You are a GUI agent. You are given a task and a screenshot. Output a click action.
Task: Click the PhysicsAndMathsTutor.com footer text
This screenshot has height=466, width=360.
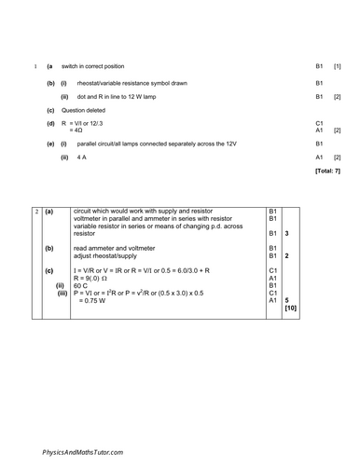pos(86,450)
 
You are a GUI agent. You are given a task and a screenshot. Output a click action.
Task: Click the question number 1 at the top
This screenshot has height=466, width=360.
pos(35,67)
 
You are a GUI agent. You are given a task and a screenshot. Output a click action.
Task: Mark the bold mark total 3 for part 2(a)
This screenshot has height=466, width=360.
pos(287,232)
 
